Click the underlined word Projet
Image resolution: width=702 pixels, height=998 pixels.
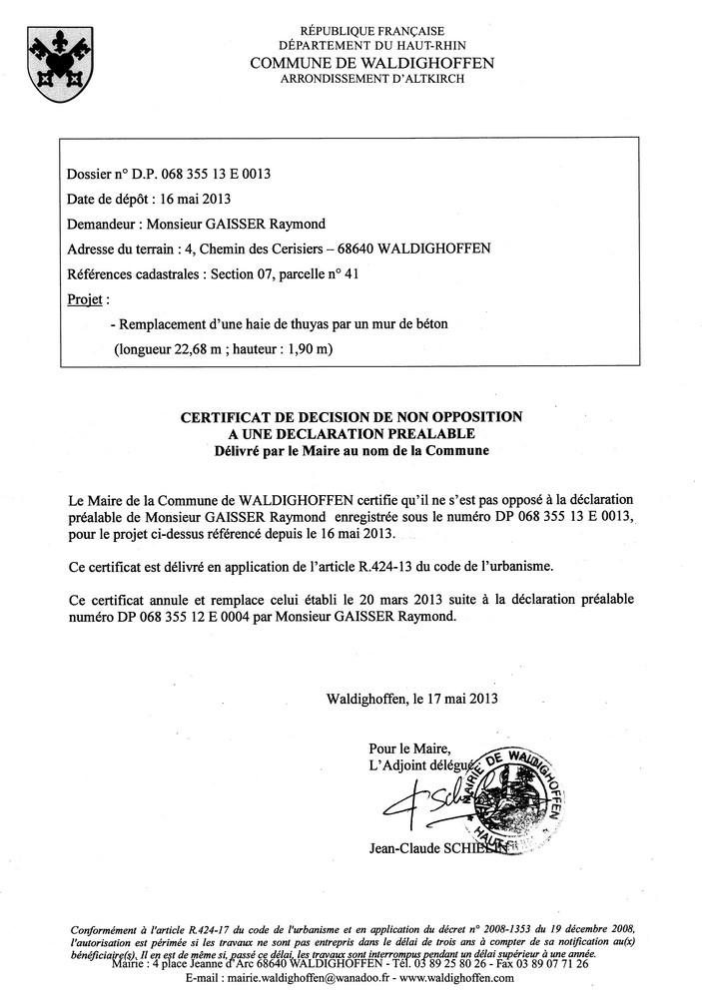(x=85, y=298)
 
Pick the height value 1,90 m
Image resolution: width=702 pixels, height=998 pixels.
(x=309, y=349)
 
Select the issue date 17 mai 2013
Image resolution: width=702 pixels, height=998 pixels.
(x=463, y=699)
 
